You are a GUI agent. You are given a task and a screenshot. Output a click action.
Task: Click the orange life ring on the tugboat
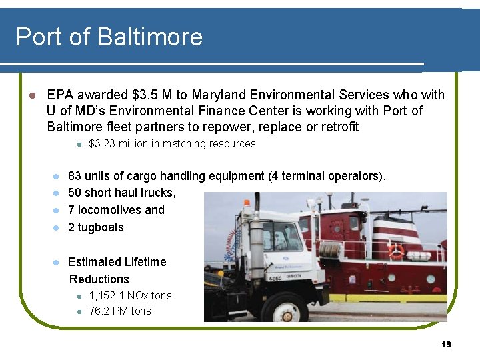click(x=397, y=251)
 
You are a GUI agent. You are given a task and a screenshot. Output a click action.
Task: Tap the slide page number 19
click(x=447, y=344)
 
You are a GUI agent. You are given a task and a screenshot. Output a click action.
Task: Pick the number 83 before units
click(x=75, y=176)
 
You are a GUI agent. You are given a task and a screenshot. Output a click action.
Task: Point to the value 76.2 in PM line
click(x=99, y=311)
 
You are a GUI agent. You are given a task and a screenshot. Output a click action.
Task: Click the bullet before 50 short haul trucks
click(x=56, y=193)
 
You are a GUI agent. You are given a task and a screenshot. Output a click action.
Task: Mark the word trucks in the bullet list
click(x=157, y=193)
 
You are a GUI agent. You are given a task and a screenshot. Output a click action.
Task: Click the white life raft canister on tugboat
click(x=419, y=255)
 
